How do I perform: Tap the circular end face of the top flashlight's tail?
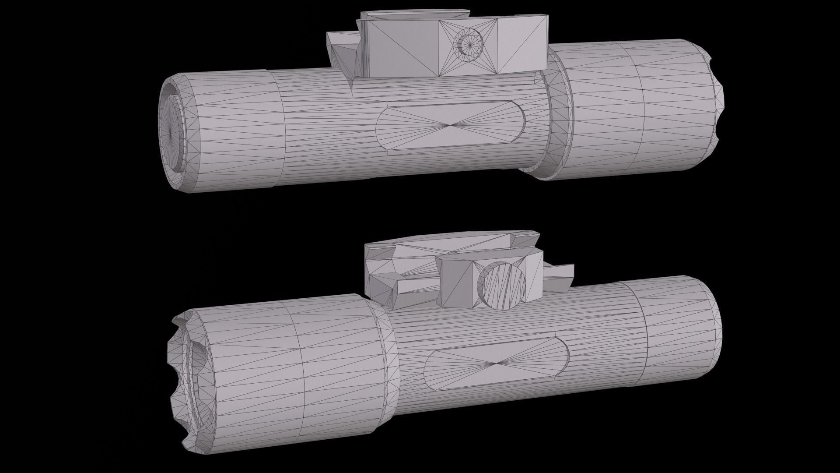[x=171, y=131]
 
